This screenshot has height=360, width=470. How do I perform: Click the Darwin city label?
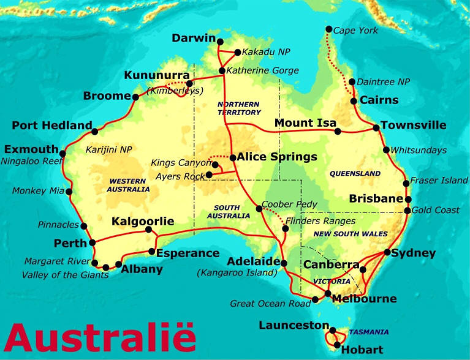pyautogui.click(x=194, y=38)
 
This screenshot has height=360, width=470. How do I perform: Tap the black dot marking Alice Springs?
pyautogui.click(x=233, y=157)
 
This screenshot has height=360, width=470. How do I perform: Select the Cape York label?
pyautogui.click(x=356, y=31)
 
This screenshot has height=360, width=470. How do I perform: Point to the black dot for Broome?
pyautogui.click(x=135, y=96)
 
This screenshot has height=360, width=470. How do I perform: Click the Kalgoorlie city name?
pyautogui.click(x=143, y=222)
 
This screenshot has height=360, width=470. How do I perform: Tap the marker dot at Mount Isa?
pyautogui.click(x=338, y=131)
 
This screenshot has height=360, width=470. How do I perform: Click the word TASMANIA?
pyautogui.click(x=369, y=332)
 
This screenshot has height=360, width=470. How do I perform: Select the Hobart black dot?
pyautogui.click(x=337, y=345)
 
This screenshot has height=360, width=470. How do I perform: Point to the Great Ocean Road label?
pyautogui.click(x=270, y=304)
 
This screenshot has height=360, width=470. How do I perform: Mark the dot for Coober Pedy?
pyautogui.click(x=259, y=209)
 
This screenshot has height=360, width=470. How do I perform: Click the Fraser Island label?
pyautogui.click(x=438, y=181)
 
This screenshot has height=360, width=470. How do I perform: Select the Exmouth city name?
pyautogui.click(x=31, y=149)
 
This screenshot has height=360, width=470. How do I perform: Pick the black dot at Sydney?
pyautogui.click(x=387, y=252)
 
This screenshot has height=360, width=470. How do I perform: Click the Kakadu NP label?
pyautogui.click(x=267, y=52)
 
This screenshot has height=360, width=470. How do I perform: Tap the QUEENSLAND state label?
pyautogui.click(x=355, y=174)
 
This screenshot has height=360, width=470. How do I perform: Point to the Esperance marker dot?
pyautogui.click(x=152, y=252)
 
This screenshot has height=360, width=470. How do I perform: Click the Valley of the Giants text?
pyautogui.click(x=65, y=275)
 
